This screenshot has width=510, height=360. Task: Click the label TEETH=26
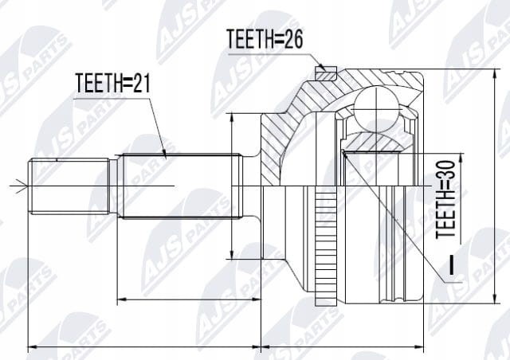pos(265,39)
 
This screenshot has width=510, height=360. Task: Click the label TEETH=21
pos(113,83)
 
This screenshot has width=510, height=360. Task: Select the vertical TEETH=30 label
pos(445,199)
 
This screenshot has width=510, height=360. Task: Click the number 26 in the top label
pos(292,39)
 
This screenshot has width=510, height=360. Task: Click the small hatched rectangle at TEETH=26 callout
pos(326,73)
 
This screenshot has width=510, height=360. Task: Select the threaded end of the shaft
pos(69,186)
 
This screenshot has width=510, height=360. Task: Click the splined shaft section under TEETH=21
pos(180,186)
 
